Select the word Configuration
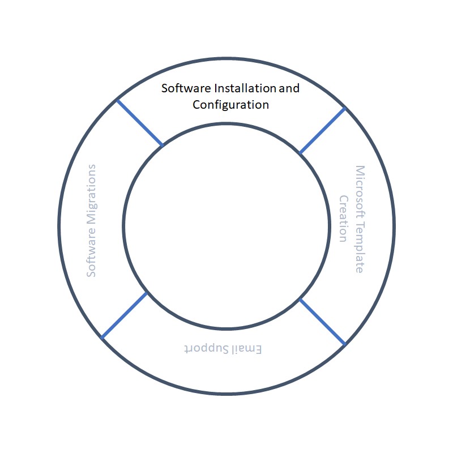pyautogui.click(x=230, y=105)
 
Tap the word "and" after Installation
pyautogui.click(x=289, y=89)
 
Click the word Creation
pyautogui.click(x=344, y=219)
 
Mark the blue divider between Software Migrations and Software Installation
pyautogui.click(x=140, y=123)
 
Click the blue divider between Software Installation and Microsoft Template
pyautogui.click(x=322, y=130)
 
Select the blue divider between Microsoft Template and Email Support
pyautogui.click(x=322, y=321)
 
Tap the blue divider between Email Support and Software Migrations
pyautogui.click(x=125, y=315)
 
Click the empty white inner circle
pyautogui.click(x=226, y=226)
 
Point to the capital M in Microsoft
pyautogui.click(x=360, y=170)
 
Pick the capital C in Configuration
pyautogui.click(x=196, y=105)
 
